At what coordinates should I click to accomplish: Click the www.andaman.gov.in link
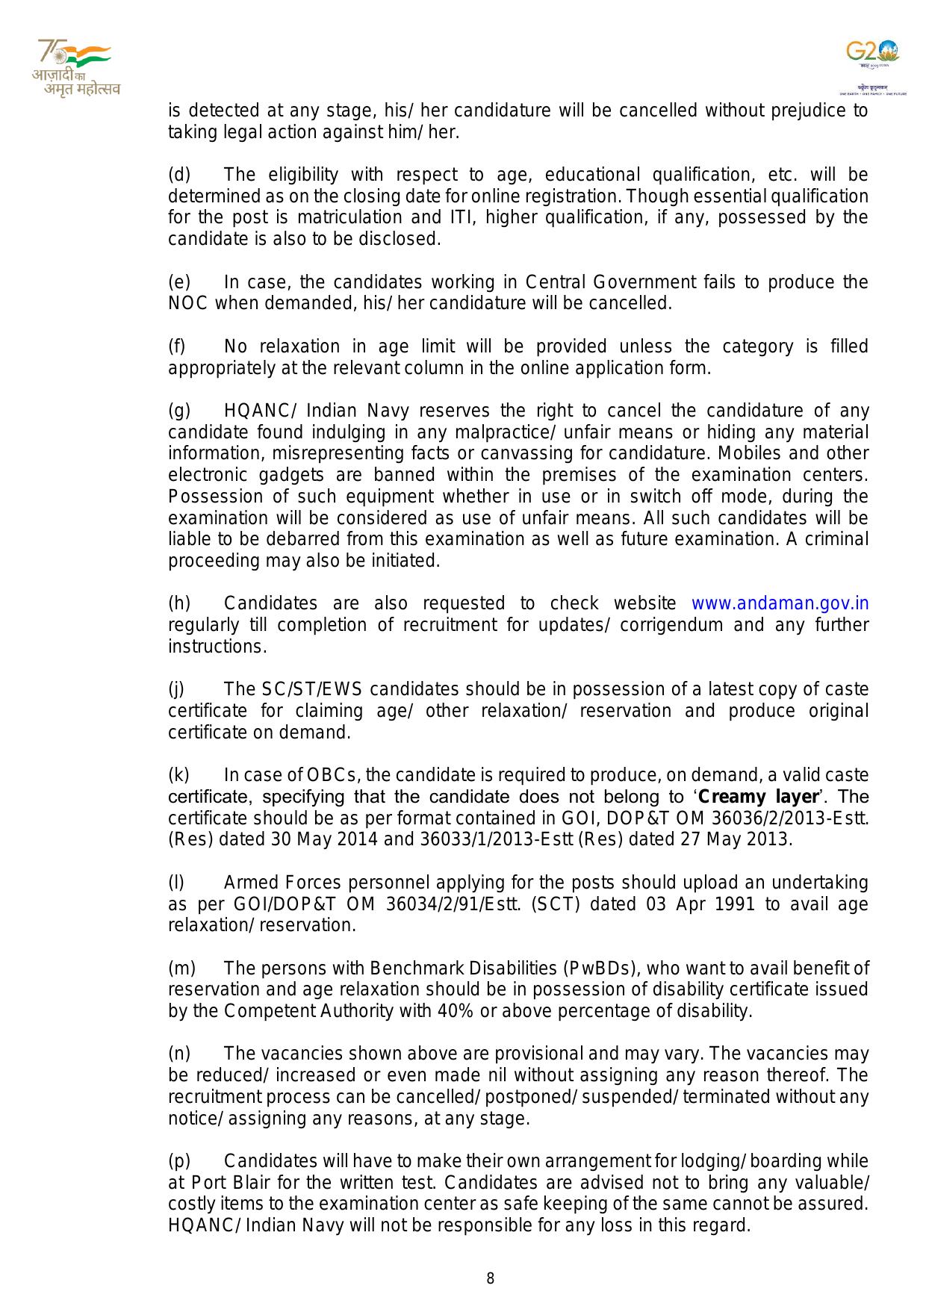coord(780,603)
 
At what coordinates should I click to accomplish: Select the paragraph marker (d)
coord(179,175)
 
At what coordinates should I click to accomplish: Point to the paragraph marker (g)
coord(179,411)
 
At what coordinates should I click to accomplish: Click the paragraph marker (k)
coord(179,775)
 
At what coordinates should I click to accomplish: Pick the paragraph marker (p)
coord(179,1161)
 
